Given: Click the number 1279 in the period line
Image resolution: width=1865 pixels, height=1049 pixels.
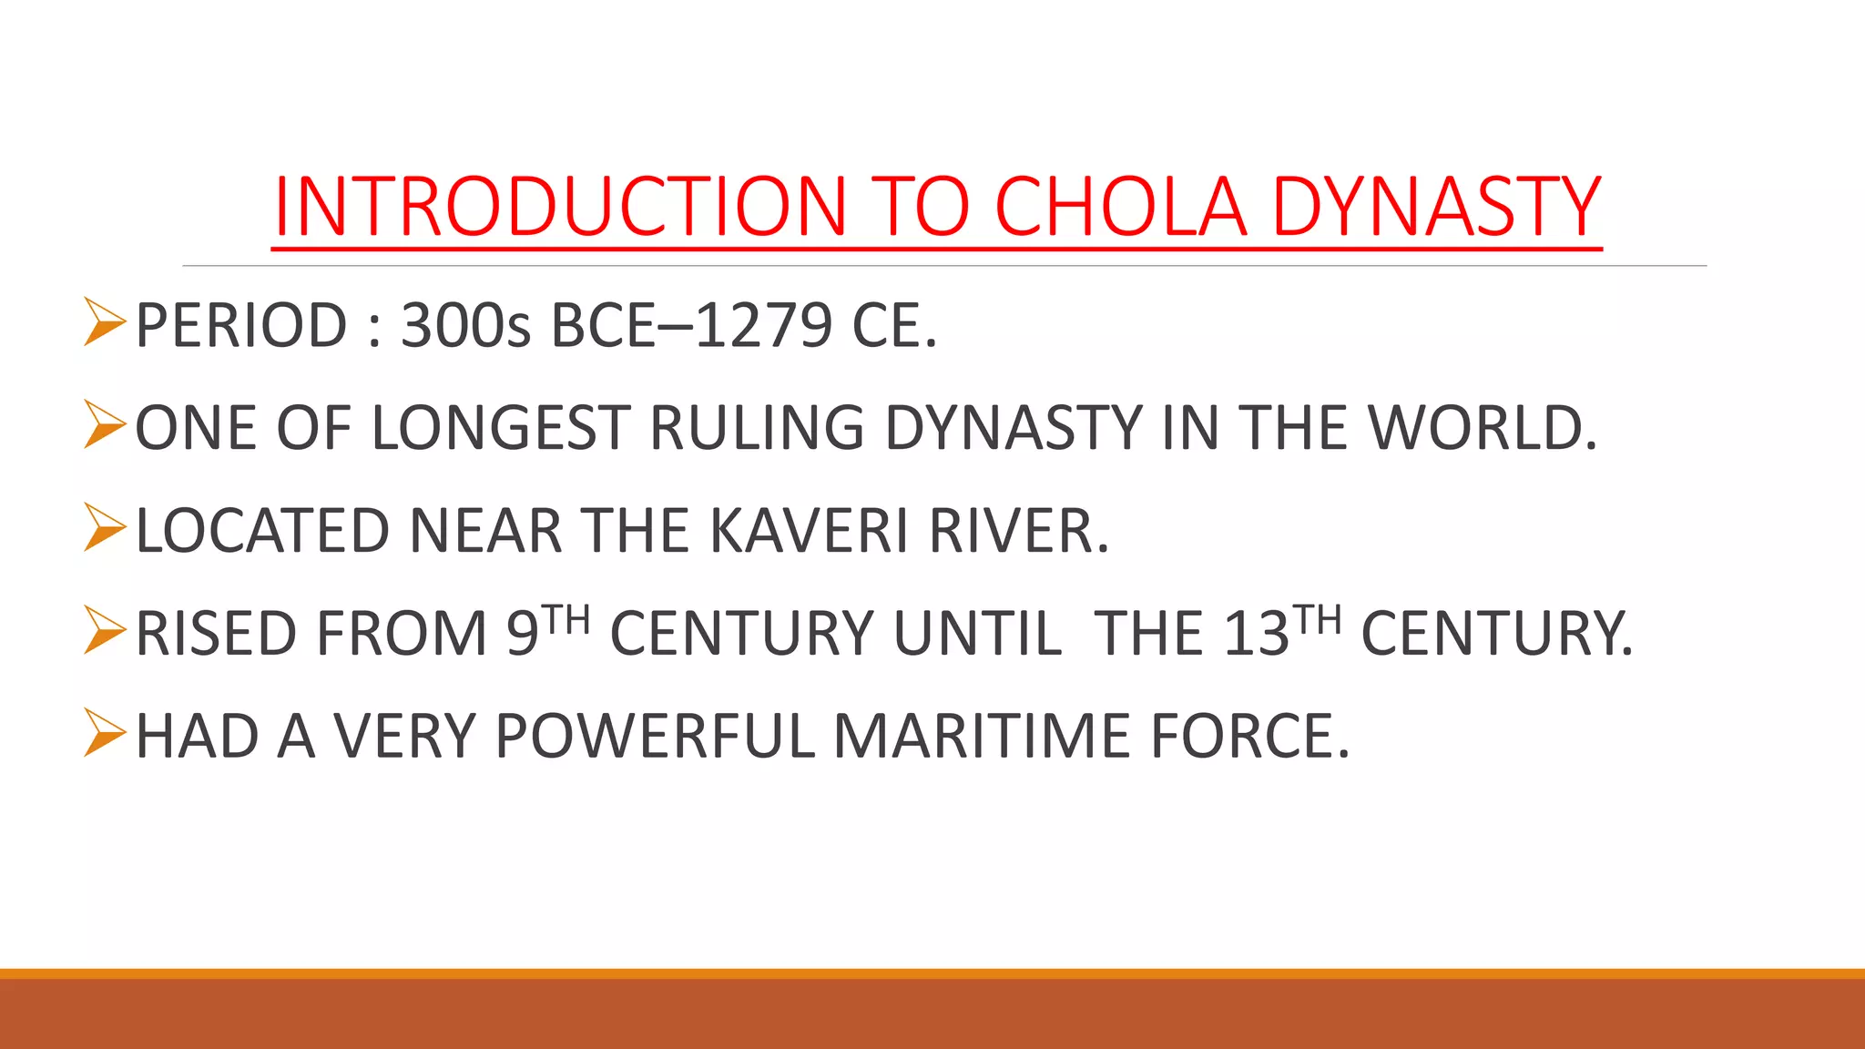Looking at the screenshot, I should pos(763,325).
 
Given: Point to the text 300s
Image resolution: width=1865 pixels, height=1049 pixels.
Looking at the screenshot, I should pos(465,325).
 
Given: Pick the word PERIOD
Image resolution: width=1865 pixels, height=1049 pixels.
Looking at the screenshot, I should pos(241,325).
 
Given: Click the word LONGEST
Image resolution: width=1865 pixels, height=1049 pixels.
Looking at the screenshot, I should pos(501,428).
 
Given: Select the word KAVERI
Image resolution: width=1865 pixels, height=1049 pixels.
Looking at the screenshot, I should pos(808,531).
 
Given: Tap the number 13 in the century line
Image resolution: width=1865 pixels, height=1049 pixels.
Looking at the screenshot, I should pos(1257,634).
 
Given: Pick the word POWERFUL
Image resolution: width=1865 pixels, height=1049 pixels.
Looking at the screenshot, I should pos(655,736).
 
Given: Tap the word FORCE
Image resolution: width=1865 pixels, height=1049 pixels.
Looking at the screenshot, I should pos(1249,736).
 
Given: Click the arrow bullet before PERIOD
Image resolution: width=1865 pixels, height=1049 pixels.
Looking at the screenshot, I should pos(104,322).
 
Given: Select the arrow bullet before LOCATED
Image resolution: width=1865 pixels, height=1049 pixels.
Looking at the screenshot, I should pos(104,528).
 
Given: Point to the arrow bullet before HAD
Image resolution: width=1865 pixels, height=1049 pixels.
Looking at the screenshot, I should pos(104,733).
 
